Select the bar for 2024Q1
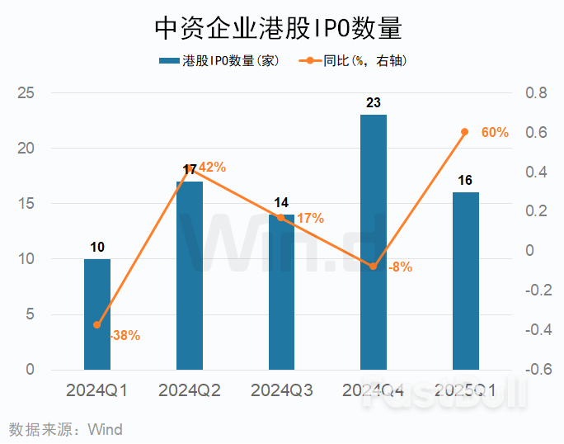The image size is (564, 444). click(97, 314)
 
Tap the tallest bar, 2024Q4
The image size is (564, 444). click(374, 242)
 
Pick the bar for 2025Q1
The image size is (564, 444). click(466, 281)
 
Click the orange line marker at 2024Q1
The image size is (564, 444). click(97, 325)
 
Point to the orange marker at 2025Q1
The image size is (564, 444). click(465, 132)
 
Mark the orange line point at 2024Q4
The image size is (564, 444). click(373, 267)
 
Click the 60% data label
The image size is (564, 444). click(495, 132)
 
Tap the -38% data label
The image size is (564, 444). click(124, 336)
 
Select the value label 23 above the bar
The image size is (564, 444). click(374, 103)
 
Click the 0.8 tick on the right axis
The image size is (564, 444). click(537, 93)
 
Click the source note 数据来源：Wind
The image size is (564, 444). click(66, 429)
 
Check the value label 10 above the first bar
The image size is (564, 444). click(97, 247)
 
